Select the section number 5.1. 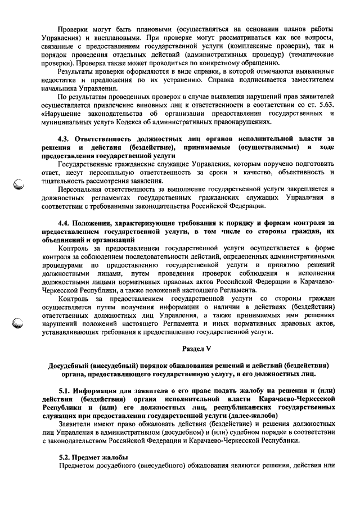66,390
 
